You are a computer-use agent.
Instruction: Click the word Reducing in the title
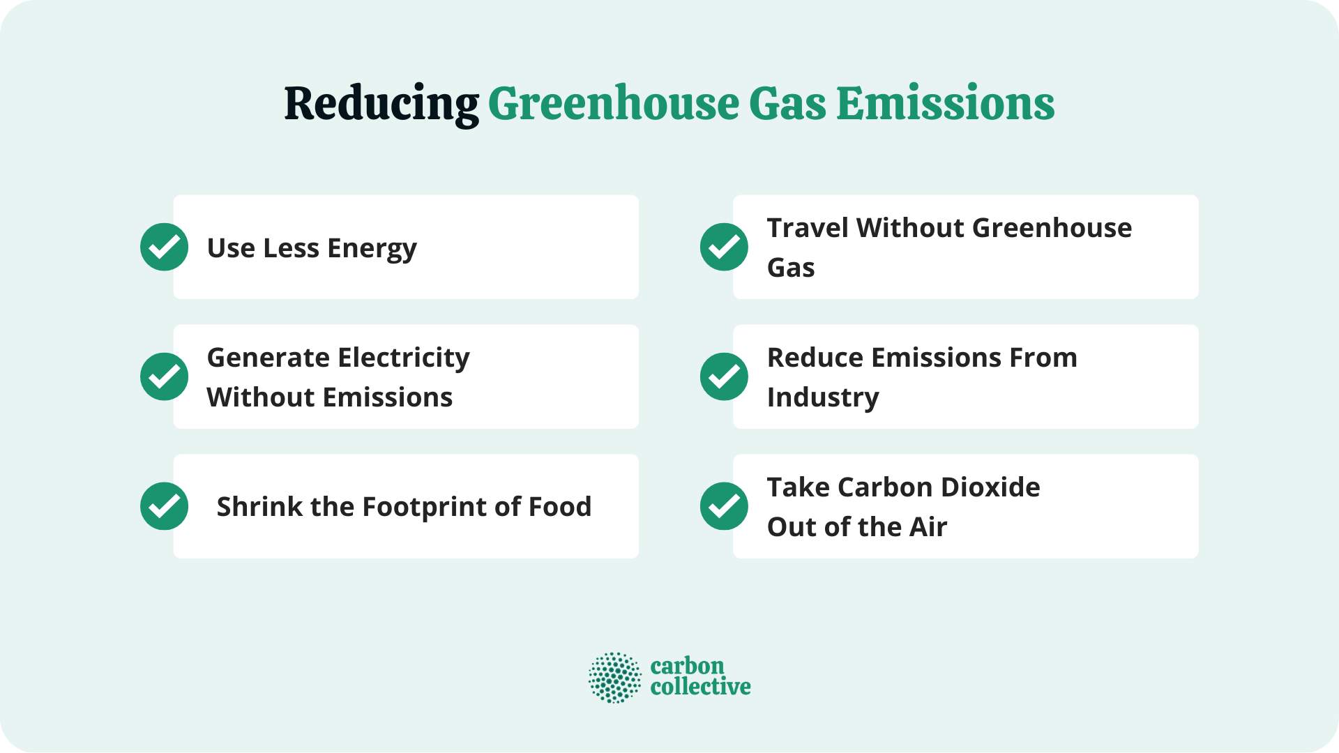coord(381,105)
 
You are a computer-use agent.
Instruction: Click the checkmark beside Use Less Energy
coord(164,247)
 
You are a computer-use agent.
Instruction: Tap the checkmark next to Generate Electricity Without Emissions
coord(164,376)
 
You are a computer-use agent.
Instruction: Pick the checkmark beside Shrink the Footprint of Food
coord(164,506)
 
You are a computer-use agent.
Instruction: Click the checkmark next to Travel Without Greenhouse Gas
coord(724,247)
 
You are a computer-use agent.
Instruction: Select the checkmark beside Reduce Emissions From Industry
coord(724,376)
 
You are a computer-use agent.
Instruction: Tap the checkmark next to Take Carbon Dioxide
coord(724,506)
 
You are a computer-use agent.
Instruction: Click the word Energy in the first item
coord(372,249)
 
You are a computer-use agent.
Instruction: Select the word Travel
coord(808,228)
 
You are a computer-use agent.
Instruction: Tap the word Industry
coord(823,398)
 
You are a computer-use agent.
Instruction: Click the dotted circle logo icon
coord(614,678)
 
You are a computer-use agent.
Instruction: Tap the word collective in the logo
coord(700,687)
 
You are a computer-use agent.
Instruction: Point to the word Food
coord(560,507)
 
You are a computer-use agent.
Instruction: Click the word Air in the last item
coord(928,527)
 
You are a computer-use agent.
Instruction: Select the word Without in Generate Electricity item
coord(262,397)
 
